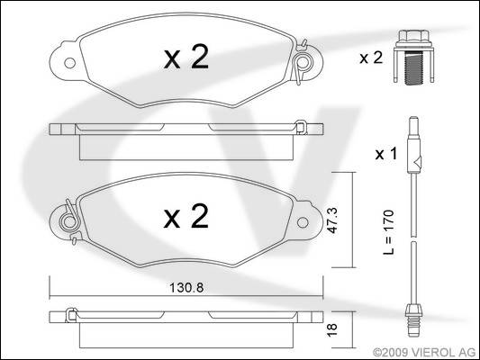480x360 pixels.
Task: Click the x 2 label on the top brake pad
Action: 186,57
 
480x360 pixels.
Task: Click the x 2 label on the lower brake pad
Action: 186,217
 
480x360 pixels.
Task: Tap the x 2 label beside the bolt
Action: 371,58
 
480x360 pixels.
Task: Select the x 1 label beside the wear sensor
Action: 386,154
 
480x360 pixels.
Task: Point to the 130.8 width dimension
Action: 186,287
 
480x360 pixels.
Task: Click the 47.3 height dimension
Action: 332,220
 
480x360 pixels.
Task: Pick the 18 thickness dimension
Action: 332,330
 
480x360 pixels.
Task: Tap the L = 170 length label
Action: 389,232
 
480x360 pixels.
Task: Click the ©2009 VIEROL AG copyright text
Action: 424,353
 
